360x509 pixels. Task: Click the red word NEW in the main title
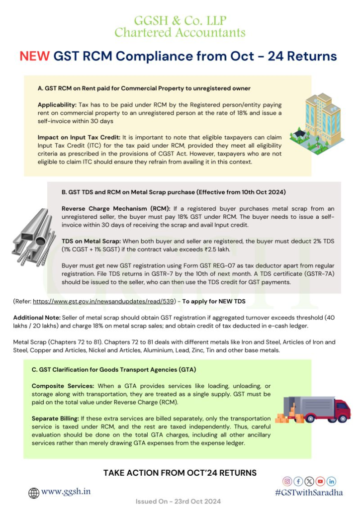tap(34, 56)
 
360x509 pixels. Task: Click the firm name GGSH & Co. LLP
tap(180, 21)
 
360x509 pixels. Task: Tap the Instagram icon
tap(287, 481)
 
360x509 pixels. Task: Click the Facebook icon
tap(298, 481)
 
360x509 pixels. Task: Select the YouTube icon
tap(320, 481)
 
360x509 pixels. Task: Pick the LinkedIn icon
tap(331, 481)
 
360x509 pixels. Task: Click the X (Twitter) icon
tap(309, 481)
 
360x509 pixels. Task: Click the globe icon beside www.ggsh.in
tap(33, 493)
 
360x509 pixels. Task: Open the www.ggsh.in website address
tap(66, 492)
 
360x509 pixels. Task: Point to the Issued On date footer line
tap(178, 502)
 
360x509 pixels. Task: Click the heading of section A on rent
tap(144, 88)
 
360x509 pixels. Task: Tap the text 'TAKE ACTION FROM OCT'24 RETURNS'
tap(180, 472)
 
